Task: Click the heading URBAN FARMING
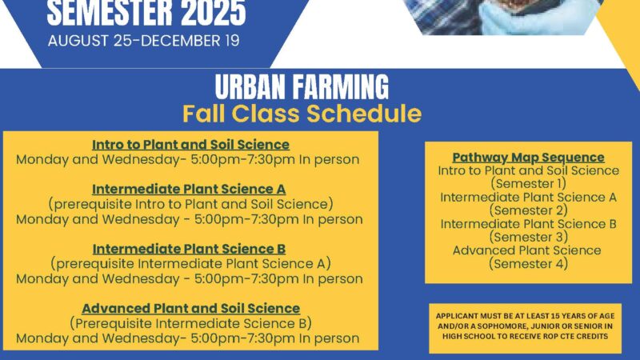pos(302,86)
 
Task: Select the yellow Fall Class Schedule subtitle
pos(302,114)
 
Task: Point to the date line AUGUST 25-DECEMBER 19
pos(144,41)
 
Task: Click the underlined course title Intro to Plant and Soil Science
pos(190,145)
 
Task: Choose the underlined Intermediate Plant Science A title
pos(189,189)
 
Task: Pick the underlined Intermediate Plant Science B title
pos(189,249)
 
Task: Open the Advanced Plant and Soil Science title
pos(191,308)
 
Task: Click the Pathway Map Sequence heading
pos(528,157)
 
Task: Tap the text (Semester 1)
pos(529,184)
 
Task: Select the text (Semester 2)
pos(529,210)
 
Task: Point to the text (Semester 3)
pos(529,237)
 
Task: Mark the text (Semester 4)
pos(529,264)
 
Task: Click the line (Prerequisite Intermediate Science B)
pos(190,323)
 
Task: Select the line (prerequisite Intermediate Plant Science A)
pos(190,264)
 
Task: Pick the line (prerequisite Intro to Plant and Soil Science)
pos(190,204)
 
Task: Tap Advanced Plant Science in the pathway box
pos(527,250)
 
